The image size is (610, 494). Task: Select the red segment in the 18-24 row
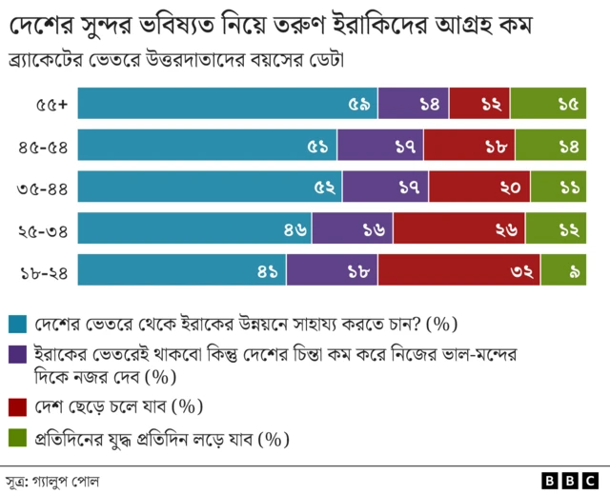[458, 270]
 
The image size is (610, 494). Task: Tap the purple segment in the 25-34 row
[352, 228]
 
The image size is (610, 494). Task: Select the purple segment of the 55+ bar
[419, 103]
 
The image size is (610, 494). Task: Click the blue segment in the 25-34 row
[194, 228]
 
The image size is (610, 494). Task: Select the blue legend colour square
[16, 325]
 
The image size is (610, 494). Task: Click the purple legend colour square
[16, 353]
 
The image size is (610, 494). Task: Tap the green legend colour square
[16, 440]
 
